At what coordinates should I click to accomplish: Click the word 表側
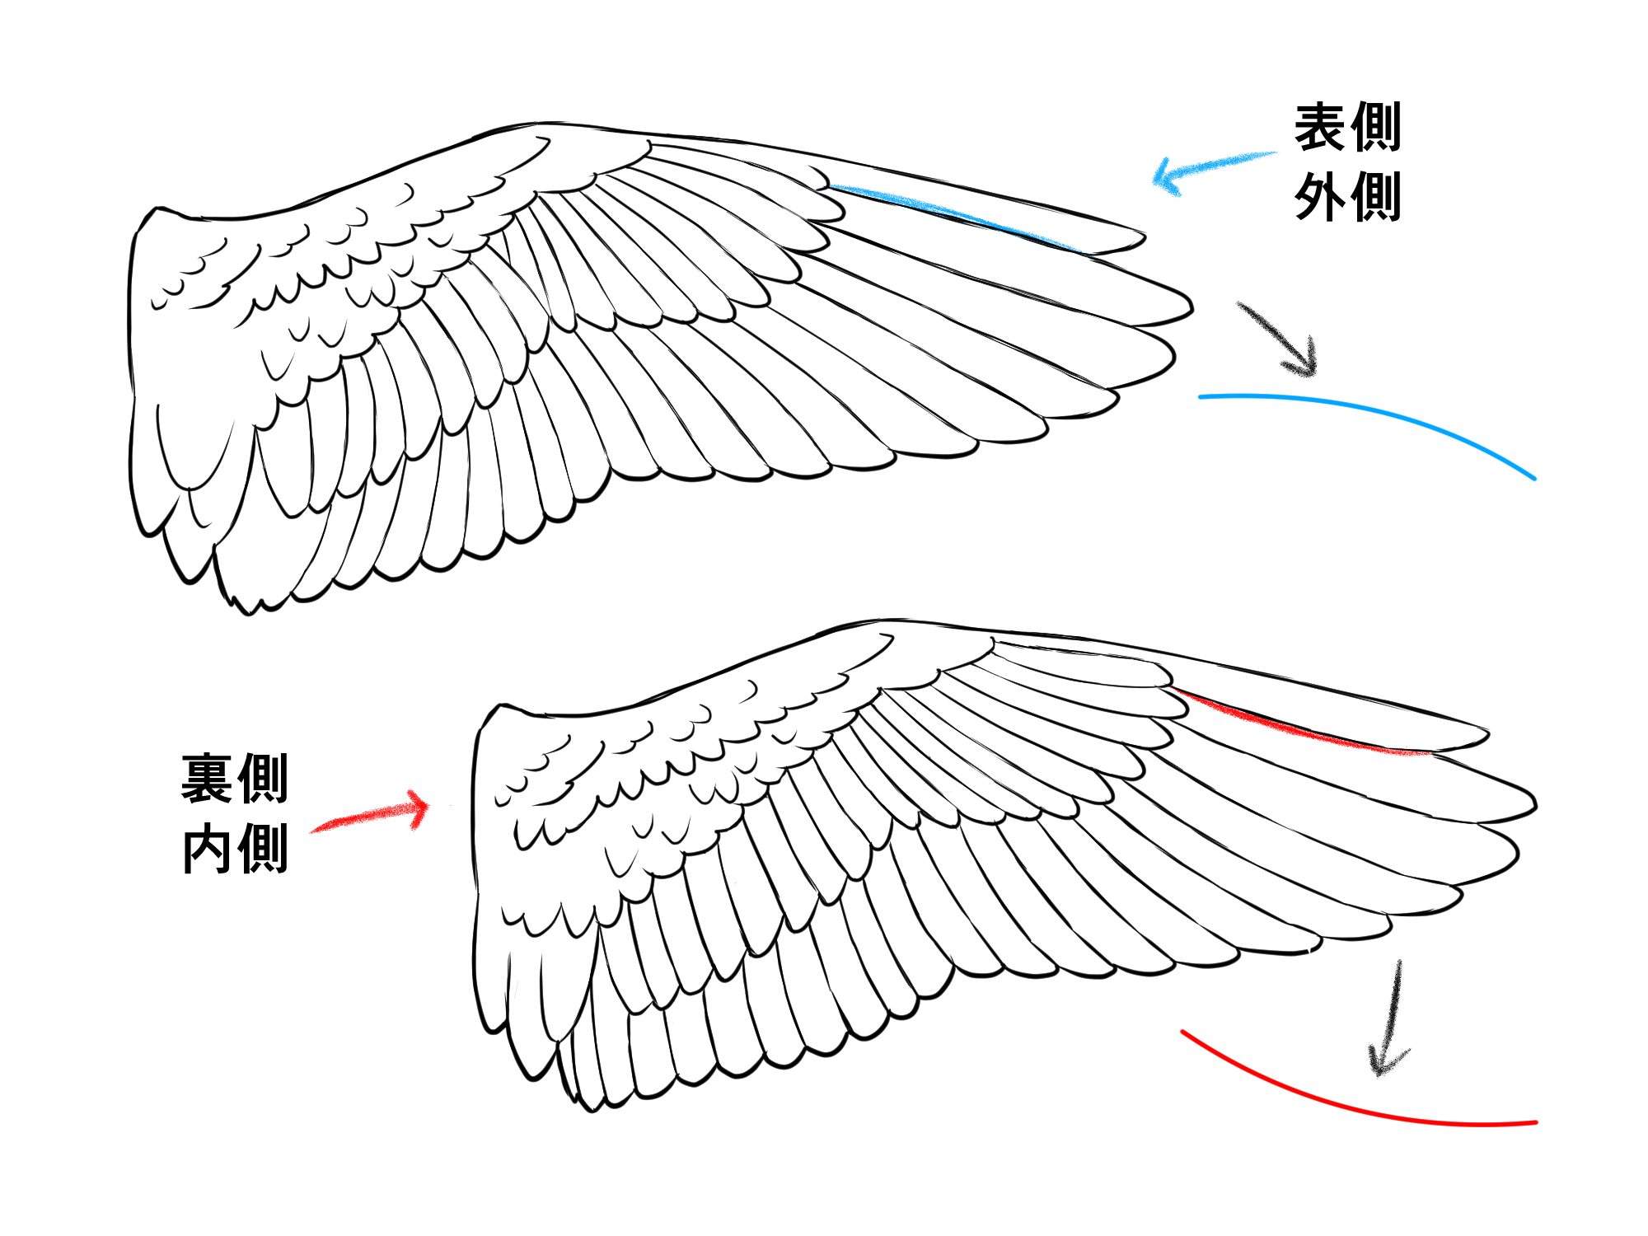[1347, 128]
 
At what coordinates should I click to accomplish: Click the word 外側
[1347, 198]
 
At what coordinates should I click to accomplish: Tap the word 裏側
[235, 779]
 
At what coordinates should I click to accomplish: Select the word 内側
[235, 849]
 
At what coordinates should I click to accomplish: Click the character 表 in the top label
[1321, 128]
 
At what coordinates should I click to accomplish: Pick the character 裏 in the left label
[208, 779]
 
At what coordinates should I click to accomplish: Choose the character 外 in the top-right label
[1321, 198]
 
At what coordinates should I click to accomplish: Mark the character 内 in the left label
[208, 849]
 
